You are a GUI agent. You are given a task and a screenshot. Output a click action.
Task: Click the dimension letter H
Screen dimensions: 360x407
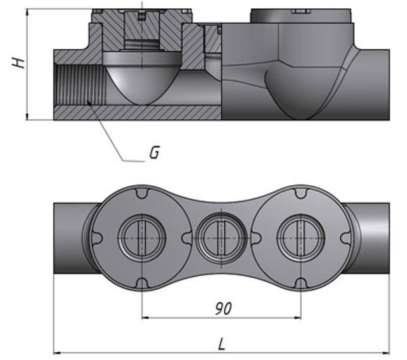click(x=18, y=62)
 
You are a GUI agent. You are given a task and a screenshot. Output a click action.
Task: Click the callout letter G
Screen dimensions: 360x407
click(x=154, y=153)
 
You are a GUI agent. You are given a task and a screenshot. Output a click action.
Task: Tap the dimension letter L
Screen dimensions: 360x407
click(x=222, y=344)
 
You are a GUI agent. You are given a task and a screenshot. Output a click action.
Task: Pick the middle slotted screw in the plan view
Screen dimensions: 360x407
click(x=220, y=237)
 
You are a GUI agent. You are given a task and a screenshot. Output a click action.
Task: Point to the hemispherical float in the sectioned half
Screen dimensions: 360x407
click(x=140, y=81)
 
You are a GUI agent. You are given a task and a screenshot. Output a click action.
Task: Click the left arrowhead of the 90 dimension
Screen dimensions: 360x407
click(x=144, y=317)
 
